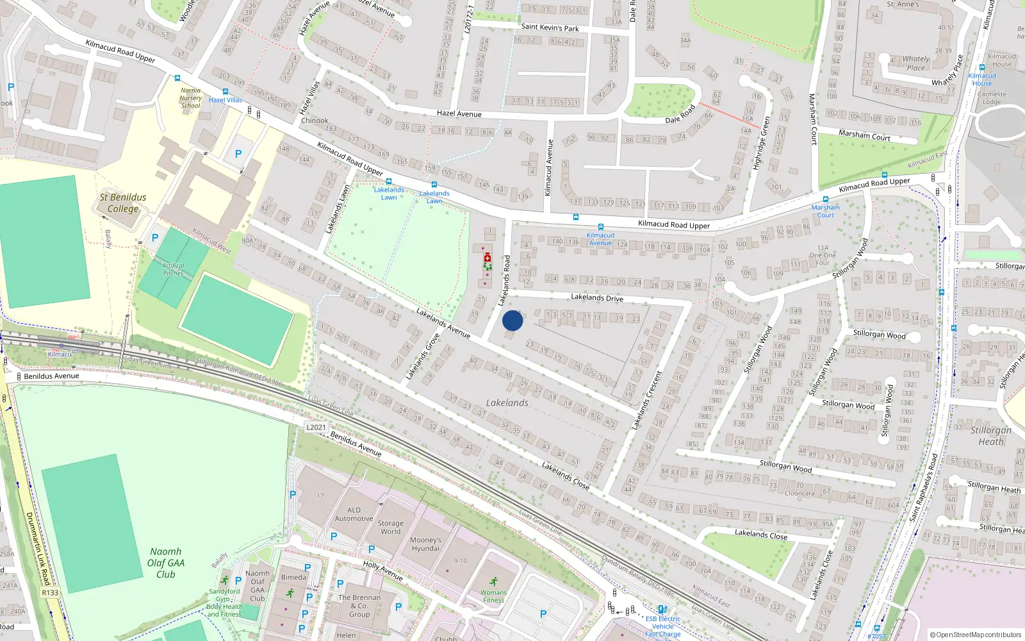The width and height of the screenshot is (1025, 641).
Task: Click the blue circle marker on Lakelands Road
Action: [x=512, y=320]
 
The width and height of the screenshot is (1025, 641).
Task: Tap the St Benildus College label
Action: [x=122, y=203]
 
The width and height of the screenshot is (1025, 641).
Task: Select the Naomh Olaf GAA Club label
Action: [x=166, y=563]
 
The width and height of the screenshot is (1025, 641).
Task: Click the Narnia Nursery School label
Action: [x=190, y=98]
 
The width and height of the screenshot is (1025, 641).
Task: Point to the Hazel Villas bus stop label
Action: [x=225, y=100]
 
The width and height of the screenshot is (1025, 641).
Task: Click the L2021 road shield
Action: [x=316, y=427]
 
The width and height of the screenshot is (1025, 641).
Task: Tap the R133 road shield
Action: [x=50, y=592]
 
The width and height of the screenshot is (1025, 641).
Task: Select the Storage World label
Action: [x=390, y=527]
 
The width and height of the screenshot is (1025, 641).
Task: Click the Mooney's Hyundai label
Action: [x=425, y=544]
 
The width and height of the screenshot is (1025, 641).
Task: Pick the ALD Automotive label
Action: [x=354, y=515]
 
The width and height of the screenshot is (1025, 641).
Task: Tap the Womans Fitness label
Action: [x=493, y=596]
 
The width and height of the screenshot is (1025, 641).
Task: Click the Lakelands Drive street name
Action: [x=596, y=297]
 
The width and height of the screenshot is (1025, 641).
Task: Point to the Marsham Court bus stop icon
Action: [x=825, y=199]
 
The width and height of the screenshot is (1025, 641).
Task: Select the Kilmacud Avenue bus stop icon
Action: [x=600, y=227]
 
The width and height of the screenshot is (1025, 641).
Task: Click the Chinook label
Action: [x=315, y=121]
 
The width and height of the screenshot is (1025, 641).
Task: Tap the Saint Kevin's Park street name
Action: [x=550, y=28]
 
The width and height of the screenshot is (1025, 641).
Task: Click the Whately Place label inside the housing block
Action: [x=916, y=63]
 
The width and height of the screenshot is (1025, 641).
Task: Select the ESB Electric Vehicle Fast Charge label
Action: [x=663, y=626]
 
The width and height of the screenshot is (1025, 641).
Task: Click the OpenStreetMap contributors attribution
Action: [x=975, y=635]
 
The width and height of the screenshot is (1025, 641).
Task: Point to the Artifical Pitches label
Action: [x=173, y=269]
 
